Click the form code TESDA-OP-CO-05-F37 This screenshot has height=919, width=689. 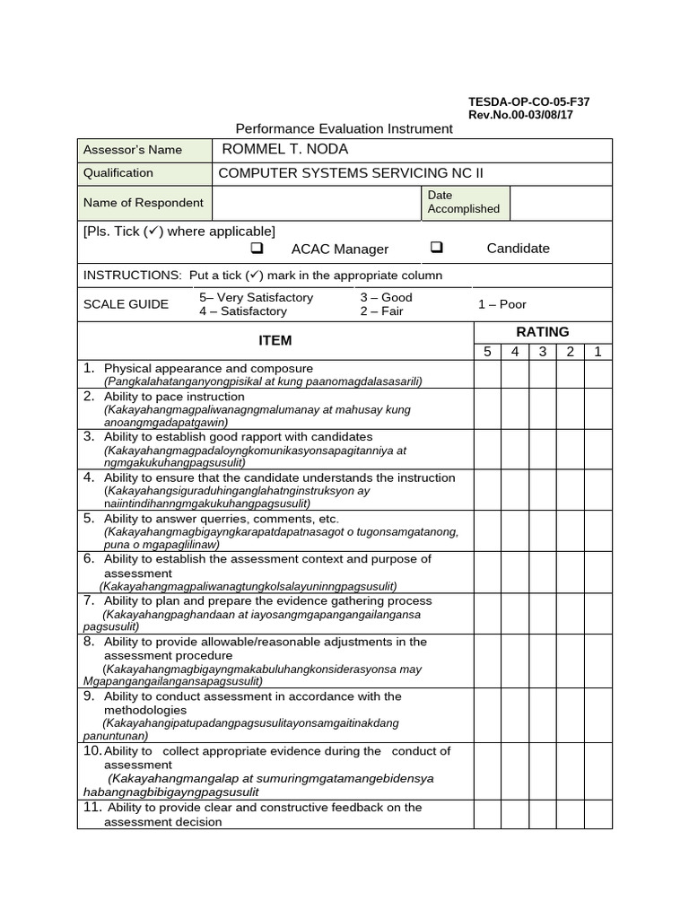point(528,101)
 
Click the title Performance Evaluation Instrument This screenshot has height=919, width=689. point(344,128)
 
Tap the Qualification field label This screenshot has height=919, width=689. point(118,173)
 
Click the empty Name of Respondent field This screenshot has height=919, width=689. point(315,203)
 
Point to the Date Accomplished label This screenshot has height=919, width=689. point(463,202)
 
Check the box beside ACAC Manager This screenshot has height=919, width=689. point(257,249)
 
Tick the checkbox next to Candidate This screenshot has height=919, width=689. point(437,248)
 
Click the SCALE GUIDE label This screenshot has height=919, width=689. point(126,304)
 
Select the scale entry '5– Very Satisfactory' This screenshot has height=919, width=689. point(256,297)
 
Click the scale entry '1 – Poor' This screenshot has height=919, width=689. point(501,304)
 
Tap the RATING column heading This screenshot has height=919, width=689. point(542,332)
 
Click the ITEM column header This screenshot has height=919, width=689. point(275,340)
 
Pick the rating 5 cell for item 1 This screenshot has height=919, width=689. point(487,374)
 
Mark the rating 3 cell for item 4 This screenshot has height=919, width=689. point(542,490)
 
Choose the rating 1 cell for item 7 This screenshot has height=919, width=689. point(597,613)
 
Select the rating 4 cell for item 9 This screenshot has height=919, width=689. point(515,715)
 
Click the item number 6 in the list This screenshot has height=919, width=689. point(89,558)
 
